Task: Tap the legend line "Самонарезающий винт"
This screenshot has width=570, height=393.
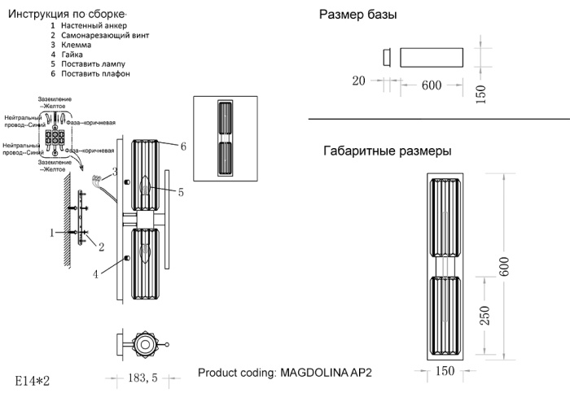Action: point(105,37)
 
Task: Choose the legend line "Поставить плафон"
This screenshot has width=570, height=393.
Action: point(95,74)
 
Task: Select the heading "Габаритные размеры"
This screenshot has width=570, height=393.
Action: point(388,151)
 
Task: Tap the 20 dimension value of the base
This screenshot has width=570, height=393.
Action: point(358,81)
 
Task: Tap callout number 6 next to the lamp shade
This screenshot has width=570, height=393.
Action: point(184,146)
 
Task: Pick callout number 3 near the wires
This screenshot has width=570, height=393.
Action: point(116,172)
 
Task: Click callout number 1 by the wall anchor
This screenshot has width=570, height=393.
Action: point(51,233)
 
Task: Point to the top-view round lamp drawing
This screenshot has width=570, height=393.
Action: point(145,345)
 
